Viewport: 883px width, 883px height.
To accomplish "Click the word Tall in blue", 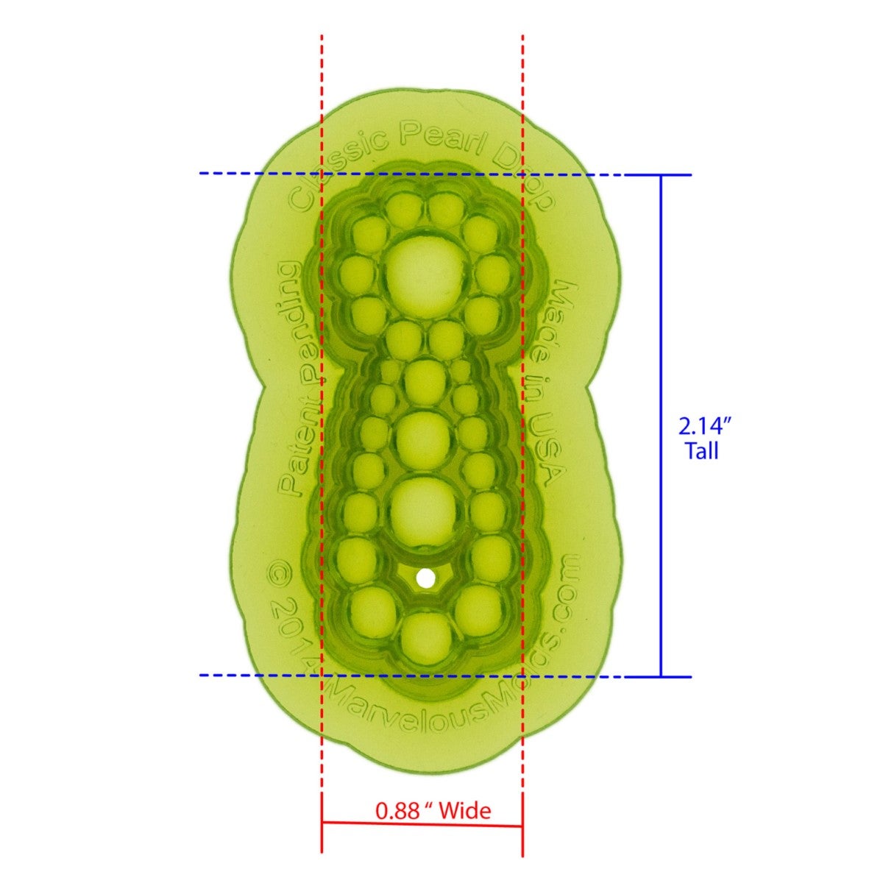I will pyautogui.click(x=702, y=451).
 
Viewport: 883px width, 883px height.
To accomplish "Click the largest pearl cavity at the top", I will pyautogui.click(x=424, y=272).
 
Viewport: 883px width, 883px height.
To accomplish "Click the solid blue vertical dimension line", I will pyautogui.click(x=661, y=425).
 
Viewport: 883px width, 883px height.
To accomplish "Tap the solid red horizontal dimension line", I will pyautogui.click(x=422, y=826).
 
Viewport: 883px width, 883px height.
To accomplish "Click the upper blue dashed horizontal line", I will pyautogui.click(x=258, y=174).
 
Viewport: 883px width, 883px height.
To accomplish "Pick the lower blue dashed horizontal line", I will pyautogui.click(x=258, y=675).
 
